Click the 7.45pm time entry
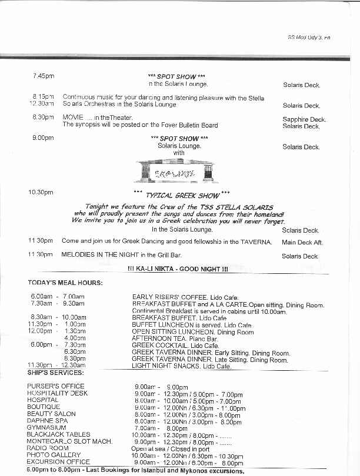pos(43,76)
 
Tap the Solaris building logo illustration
pos(176,170)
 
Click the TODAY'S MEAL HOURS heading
pos(65,283)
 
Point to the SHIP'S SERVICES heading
pos(55,373)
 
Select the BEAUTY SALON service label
pos(51,414)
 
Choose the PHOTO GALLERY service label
pos(54,455)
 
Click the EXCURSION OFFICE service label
pos(58,462)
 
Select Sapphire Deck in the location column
pos(304,119)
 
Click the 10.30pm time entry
pos(41,192)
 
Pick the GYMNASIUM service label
pos(46,427)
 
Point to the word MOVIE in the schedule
pos(73,118)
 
